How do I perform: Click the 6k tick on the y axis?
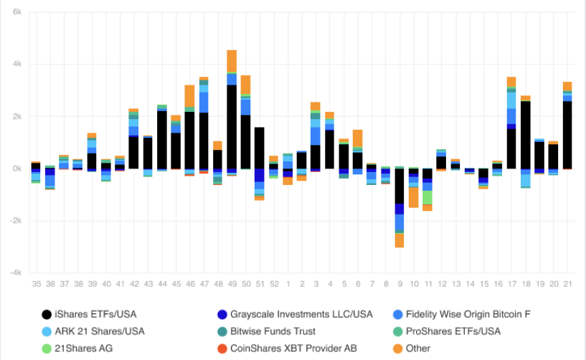(x=16, y=13)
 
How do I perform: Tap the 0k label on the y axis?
(x=16, y=169)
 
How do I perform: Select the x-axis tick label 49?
(x=232, y=285)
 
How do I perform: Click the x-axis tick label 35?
(x=36, y=285)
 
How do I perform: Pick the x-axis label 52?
(x=273, y=285)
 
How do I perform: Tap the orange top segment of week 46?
(x=190, y=96)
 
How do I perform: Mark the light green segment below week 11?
(x=427, y=197)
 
